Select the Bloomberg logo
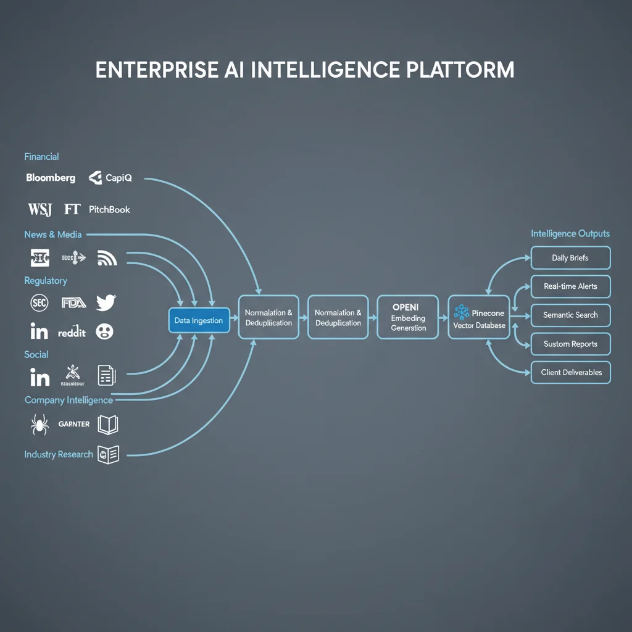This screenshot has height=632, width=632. click(x=51, y=178)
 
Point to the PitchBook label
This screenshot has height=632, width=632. click(x=109, y=209)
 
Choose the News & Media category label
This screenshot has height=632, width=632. click(x=52, y=235)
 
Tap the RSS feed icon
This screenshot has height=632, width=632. click(x=107, y=258)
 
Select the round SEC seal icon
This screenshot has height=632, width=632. click(x=39, y=302)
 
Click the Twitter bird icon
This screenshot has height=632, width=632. click(x=106, y=302)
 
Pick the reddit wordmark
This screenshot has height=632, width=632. click(x=72, y=332)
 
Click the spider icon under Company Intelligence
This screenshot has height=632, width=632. click(x=39, y=424)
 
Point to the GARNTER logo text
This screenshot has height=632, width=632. click(x=73, y=424)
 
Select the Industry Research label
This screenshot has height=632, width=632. click(x=59, y=454)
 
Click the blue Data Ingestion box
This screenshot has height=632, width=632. click(x=199, y=320)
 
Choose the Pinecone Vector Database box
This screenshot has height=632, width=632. click(x=479, y=317)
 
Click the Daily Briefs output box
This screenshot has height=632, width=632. click(x=570, y=258)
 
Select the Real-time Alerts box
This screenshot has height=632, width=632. click(x=570, y=286)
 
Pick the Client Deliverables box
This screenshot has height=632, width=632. click(x=570, y=372)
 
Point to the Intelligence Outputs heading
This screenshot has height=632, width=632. click(x=570, y=234)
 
